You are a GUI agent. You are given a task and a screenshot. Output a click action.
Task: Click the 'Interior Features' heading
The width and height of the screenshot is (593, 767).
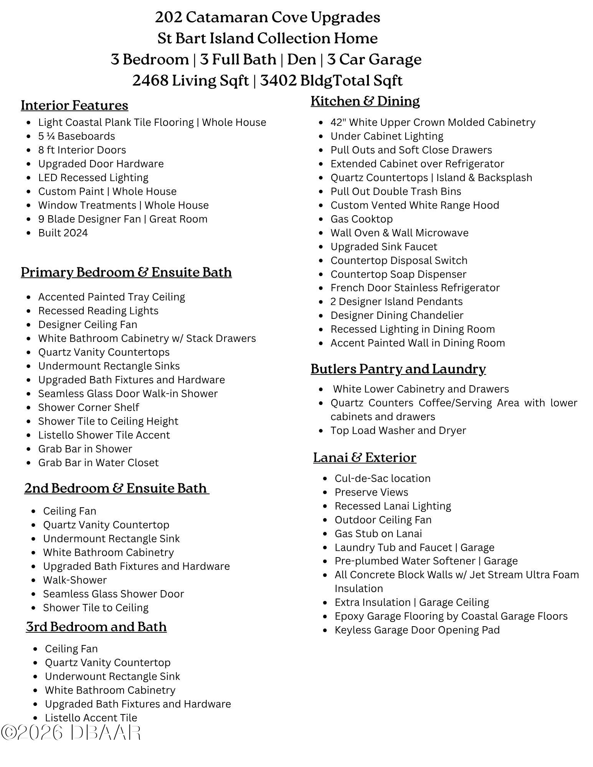pos(74,105)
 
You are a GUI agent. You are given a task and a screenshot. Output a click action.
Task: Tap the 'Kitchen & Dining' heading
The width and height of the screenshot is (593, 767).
pos(365,101)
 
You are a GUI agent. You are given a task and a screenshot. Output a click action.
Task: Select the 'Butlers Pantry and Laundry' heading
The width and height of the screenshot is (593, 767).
pos(398,369)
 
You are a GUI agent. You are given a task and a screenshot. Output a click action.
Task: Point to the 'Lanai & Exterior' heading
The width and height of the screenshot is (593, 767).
pos(365,457)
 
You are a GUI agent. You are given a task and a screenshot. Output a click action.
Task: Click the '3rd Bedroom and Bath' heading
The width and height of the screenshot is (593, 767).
pos(96,627)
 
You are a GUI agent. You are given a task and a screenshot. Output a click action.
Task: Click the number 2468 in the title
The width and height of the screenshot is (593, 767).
pos(150,81)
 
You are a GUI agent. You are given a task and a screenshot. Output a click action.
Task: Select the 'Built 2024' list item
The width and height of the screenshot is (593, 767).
pos(63,233)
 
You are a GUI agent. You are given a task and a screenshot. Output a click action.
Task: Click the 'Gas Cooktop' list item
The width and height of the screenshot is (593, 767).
pos(362,219)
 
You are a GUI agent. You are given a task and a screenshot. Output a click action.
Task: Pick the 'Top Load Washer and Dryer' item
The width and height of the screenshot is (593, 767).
pos(398,431)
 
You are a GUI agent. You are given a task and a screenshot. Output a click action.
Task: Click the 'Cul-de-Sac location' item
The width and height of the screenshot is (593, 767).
pos(382,478)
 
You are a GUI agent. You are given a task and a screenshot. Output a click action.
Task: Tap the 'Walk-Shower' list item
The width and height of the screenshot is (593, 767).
pos(75,580)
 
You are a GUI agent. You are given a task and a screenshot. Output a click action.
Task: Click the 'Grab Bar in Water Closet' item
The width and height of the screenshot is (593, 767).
pos(98,463)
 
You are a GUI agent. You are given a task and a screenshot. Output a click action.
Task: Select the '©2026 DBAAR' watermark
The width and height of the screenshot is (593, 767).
pos(71,733)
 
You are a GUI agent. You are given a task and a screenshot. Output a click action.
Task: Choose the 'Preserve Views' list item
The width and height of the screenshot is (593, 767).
pos(371,492)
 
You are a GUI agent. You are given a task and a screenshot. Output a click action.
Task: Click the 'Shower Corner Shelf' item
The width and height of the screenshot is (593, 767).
pos(88,407)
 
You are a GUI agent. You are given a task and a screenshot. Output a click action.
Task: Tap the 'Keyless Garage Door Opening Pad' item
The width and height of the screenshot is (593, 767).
pos(417,630)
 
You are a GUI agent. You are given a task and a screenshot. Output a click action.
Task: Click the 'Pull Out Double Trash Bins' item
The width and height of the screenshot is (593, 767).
pos(396,191)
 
